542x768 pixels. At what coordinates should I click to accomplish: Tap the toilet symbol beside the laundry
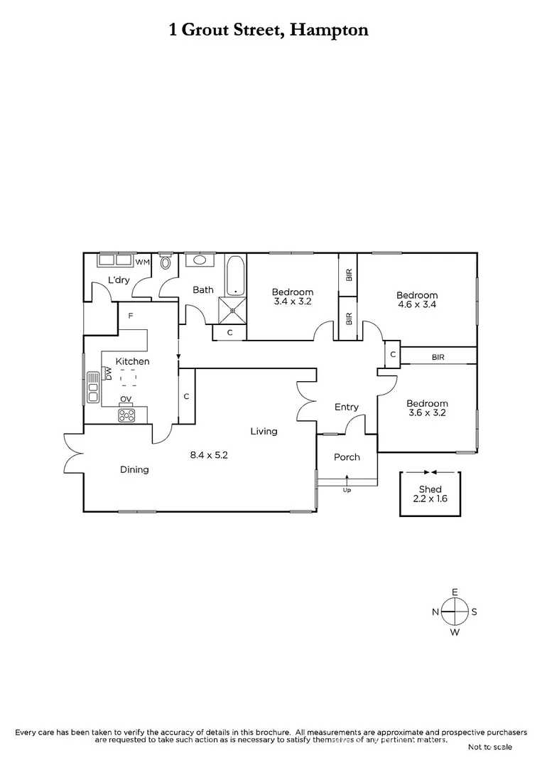166,262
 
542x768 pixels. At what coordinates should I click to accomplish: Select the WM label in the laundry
143,262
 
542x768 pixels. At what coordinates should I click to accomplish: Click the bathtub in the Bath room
235,277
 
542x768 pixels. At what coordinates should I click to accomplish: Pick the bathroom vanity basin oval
200,260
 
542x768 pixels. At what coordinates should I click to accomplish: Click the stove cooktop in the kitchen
126,415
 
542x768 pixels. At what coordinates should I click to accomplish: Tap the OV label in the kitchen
126,399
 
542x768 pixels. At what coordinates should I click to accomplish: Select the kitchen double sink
92,387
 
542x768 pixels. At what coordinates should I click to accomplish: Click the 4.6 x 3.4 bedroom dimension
417,304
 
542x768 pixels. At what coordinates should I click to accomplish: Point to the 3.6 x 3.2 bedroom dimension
428,412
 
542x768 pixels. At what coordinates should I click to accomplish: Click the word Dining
134,469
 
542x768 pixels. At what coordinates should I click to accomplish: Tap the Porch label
347,457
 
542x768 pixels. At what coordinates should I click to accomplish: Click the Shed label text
430,489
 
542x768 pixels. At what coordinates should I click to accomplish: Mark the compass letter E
455,592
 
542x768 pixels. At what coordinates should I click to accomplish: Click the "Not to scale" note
489,747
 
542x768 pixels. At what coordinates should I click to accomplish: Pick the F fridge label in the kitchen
131,315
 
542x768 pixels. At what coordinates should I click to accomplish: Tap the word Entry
347,407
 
